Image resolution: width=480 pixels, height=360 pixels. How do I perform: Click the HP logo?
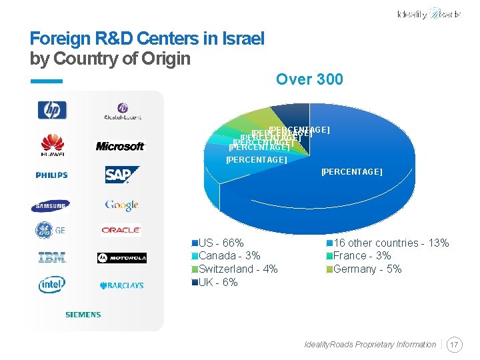pyautogui.click(x=52, y=109)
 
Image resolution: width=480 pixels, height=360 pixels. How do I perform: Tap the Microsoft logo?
pyautogui.click(x=121, y=146)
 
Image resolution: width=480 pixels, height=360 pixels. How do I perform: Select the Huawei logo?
pyautogui.click(x=53, y=145)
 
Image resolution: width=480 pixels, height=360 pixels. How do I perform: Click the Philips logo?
pyautogui.click(x=52, y=175)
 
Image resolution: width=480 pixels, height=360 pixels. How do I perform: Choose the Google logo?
pyautogui.click(x=121, y=205)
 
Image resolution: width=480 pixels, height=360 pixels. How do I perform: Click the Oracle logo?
pyautogui.click(x=121, y=230)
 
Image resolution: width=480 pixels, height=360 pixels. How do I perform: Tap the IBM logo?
pyautogui.click(x=52, y=257)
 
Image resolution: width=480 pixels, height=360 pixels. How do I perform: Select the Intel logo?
pyautogui.click(x=52, y=285)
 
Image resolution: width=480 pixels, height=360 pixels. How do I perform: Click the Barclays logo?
pyautogui.click(x=122, y=285)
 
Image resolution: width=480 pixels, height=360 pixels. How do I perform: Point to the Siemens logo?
pyautogui.click(x=83, y=314)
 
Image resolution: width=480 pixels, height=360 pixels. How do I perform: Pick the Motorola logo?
pyautogui.click(x=122, y=258)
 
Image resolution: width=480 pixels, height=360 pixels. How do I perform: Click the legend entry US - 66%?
pyautogui.click(x=221, y=243)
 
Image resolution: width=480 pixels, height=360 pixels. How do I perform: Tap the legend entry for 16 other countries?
pyautogui.click(x=391, y=243)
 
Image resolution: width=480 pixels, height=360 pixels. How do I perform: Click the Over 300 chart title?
pyautogui.click(x=309, y=79)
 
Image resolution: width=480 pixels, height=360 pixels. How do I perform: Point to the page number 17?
pyautogui.click(x=455, y=345)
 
